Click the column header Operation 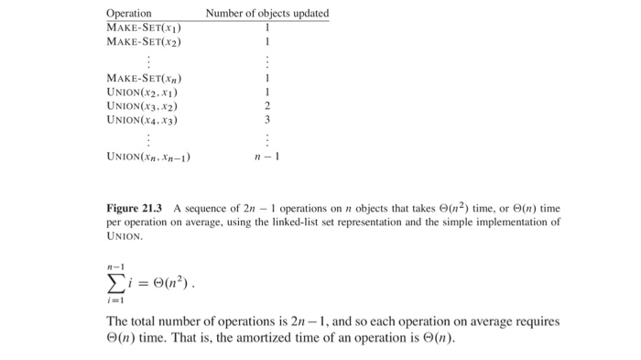tap(129, 14)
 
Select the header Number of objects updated tap(266, 14)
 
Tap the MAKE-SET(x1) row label tap(145, 27)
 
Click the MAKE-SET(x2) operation tap(145, 41)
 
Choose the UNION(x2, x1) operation tap(141, 92)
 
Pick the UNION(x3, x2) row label tap(141, 105)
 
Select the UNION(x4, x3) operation tap(141, 119)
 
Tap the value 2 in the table tap(266, 105)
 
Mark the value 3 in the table tap(266, 119)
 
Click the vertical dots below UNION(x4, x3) tap(147, 138)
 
